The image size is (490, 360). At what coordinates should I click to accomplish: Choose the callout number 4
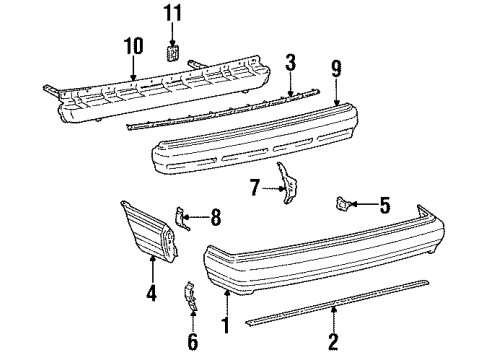152,295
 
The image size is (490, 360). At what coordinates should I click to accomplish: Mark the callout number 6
193,342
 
